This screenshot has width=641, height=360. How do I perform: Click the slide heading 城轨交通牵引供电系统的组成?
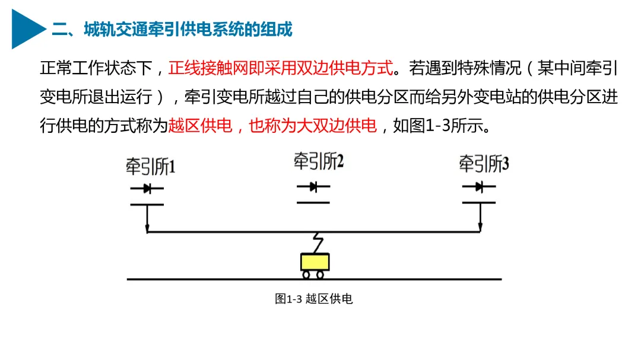(x=172, y=29)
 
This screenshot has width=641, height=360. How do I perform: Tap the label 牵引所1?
(x=150, y=167)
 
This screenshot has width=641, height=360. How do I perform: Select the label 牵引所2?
(x=319, y=161)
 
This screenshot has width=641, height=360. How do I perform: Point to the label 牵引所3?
(x=484, y=164)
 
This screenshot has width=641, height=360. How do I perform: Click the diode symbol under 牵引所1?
(x=147, y=189)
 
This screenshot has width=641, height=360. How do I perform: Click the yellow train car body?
(x=315, y=262)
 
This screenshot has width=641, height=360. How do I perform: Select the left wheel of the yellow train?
(x=306, y=275)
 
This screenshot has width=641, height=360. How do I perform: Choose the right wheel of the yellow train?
(x=320, y=275)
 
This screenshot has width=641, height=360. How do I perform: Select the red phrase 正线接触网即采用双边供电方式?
(x=281, y=68)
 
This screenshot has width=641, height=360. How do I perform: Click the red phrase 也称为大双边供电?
(x=313, y=126)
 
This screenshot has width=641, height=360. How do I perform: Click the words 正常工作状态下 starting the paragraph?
(x=97, y=68)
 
